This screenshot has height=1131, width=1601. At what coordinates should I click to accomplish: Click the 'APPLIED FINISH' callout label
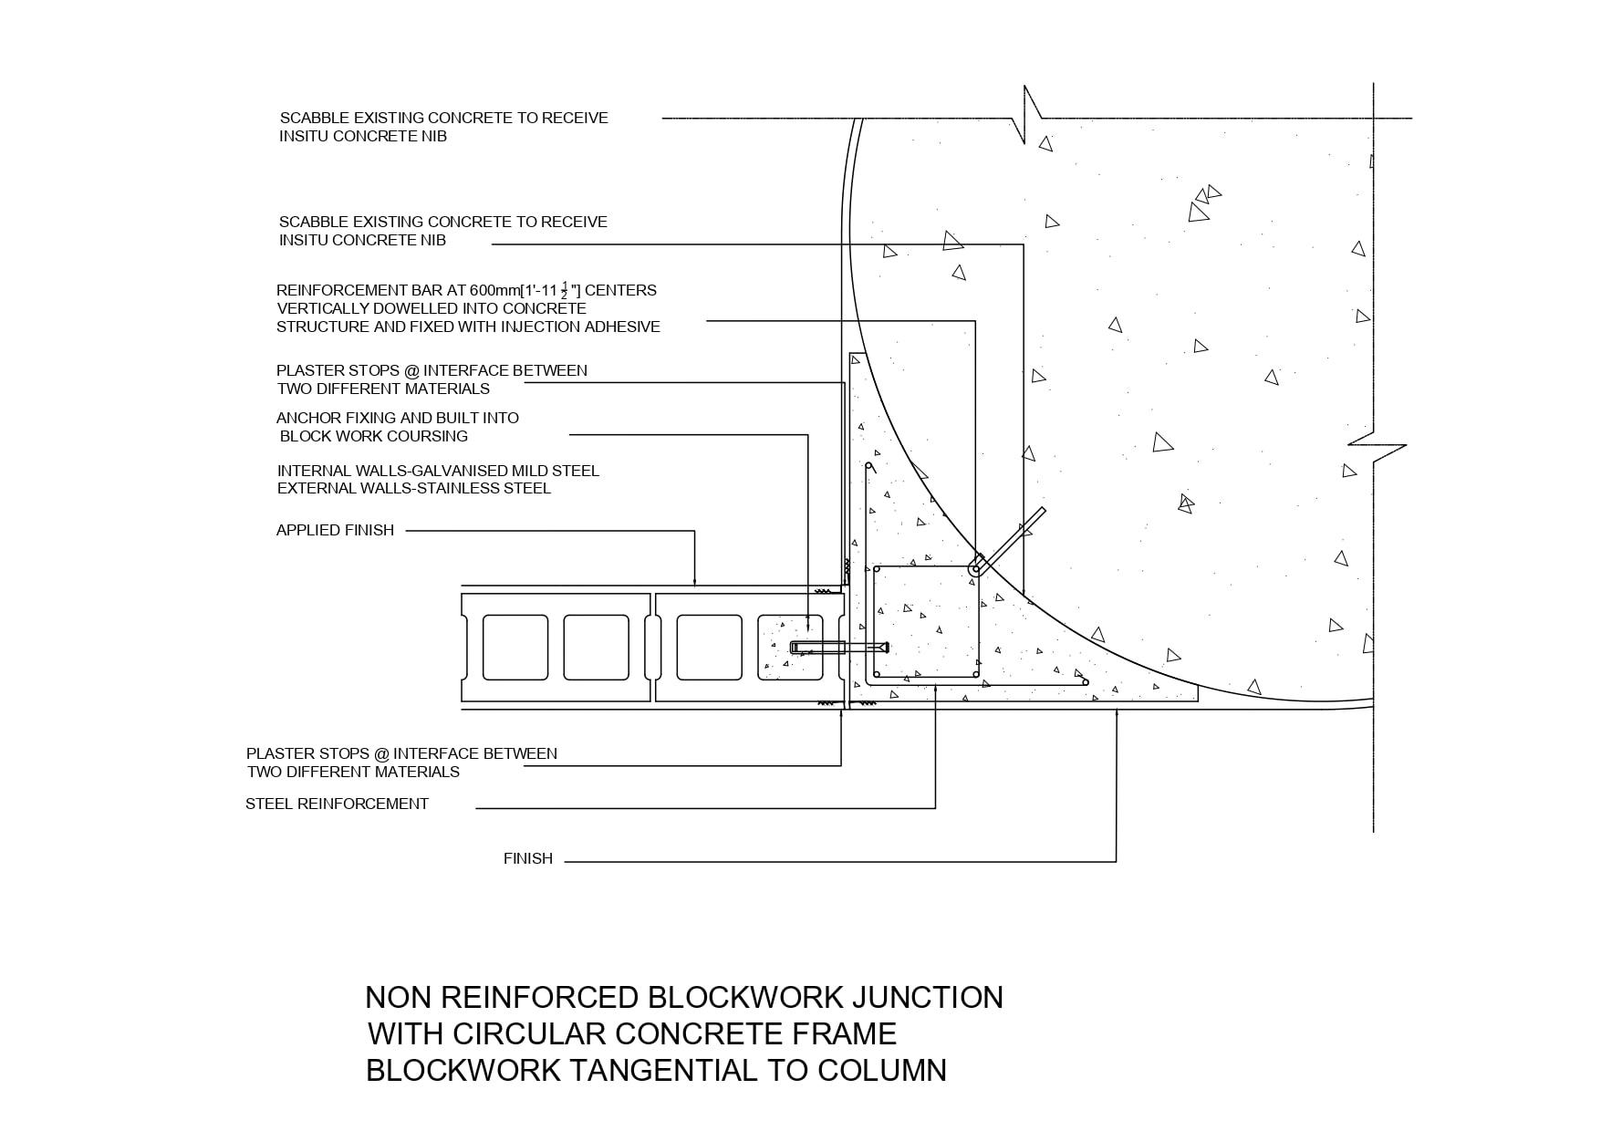335,530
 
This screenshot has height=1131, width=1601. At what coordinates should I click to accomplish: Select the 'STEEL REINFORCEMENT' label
337,804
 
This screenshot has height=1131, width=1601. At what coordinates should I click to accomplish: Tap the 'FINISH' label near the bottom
527,858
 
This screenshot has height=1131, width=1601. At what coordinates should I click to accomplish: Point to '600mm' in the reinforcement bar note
493,290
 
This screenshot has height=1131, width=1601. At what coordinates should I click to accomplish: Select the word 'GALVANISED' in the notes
438,471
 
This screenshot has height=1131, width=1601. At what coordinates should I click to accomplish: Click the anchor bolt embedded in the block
838,648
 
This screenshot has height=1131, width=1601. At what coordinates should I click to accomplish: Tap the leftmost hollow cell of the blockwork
515,648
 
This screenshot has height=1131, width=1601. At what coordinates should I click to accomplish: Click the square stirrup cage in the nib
926,621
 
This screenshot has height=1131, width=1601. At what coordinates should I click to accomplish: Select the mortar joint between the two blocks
653,648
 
